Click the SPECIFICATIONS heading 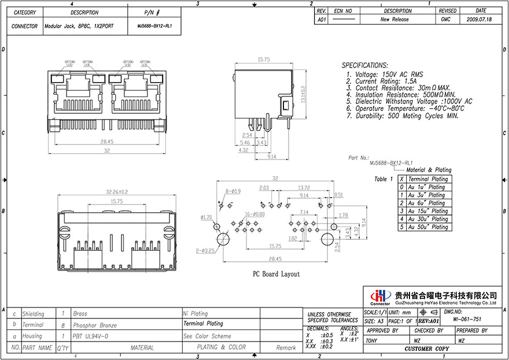pyautogui.click(x=364, y=66)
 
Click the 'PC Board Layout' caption pyautogui.click(x=275, y=274)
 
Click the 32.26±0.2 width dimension pyautogui.click(x=116, y=191)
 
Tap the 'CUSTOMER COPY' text pyautogui.click(x=427, y=349)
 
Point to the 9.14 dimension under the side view pyautogui.click(x=271, y=156)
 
